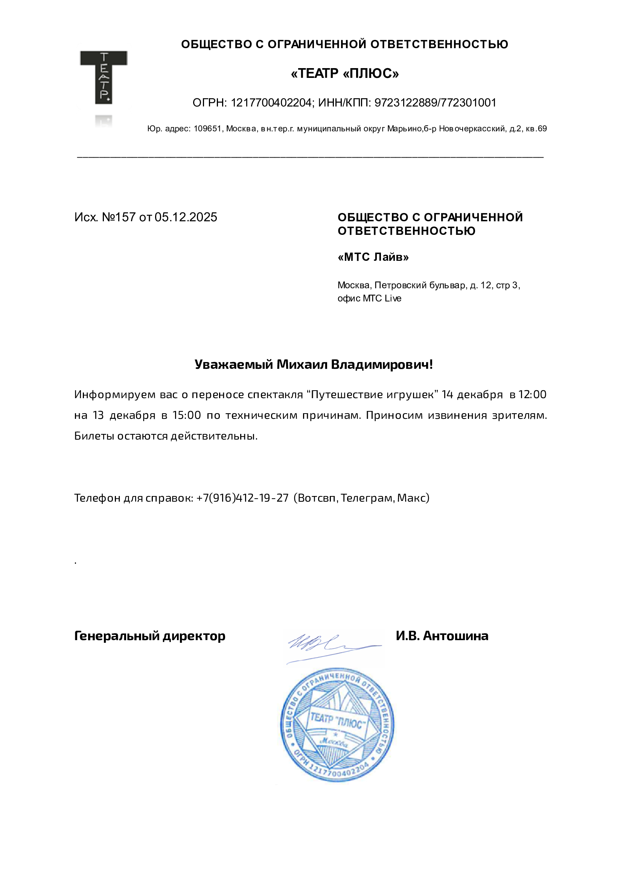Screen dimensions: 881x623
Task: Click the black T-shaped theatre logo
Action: (103, 77)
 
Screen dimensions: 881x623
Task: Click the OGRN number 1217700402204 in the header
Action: (271, 103)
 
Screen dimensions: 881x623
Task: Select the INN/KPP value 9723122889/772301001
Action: (435, 103)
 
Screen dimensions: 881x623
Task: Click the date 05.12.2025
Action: (186, 217)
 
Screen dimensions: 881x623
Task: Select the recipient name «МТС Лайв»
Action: (373, 257)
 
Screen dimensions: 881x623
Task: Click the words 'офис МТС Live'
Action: (369, 298)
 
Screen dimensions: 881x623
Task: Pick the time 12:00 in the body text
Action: (532, 394)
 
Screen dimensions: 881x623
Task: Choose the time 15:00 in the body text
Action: (187, 415)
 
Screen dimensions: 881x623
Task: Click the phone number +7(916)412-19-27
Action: (242, 498)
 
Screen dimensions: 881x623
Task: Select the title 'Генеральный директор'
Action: (150, 636)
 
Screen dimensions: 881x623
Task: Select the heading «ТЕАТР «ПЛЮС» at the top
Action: (345, 73)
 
